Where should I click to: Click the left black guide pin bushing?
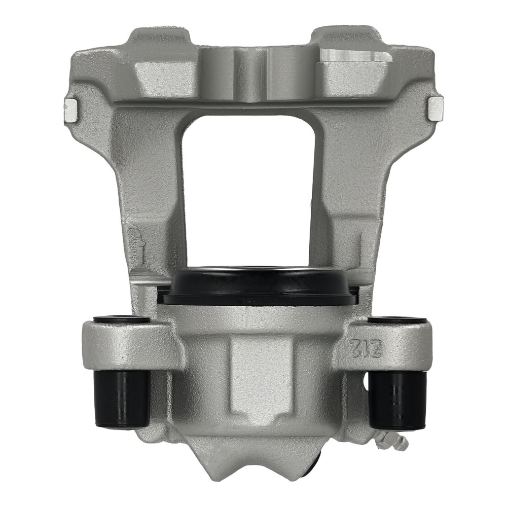122,398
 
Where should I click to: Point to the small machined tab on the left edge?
70,110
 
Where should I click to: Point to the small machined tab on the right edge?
436,108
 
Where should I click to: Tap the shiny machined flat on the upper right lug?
355,57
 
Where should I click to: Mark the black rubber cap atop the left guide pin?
122,319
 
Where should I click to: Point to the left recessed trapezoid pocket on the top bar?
165,79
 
